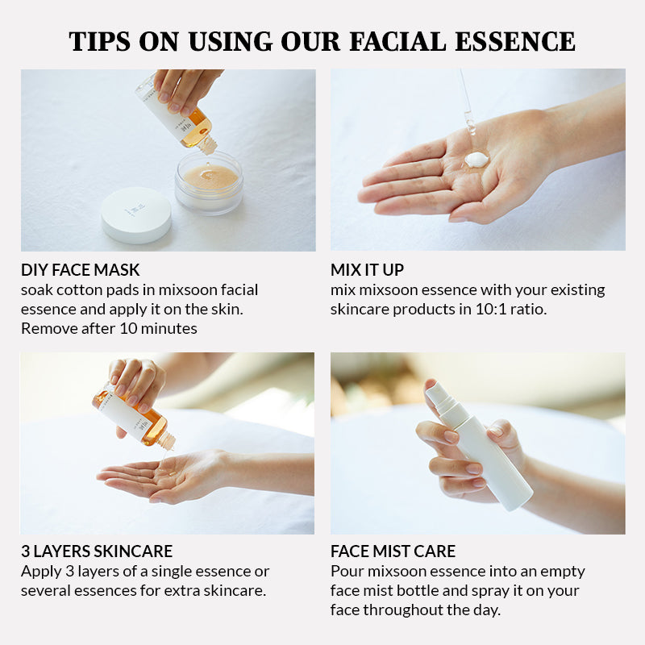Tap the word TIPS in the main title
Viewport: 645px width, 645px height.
coord(99,41)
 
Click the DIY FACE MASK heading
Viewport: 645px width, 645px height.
coord(81,269)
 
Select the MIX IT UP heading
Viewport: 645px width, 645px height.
coord(367,269)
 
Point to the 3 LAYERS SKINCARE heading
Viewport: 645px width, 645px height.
coord(97,551)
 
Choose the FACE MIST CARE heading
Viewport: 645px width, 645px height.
coord(393,551)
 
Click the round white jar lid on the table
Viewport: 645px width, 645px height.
coord(136,214)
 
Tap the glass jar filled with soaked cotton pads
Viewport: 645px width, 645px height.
coord(209,183)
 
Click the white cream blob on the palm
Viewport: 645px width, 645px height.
coord(476,160)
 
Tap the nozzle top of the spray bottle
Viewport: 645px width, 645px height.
coord(438,394)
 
